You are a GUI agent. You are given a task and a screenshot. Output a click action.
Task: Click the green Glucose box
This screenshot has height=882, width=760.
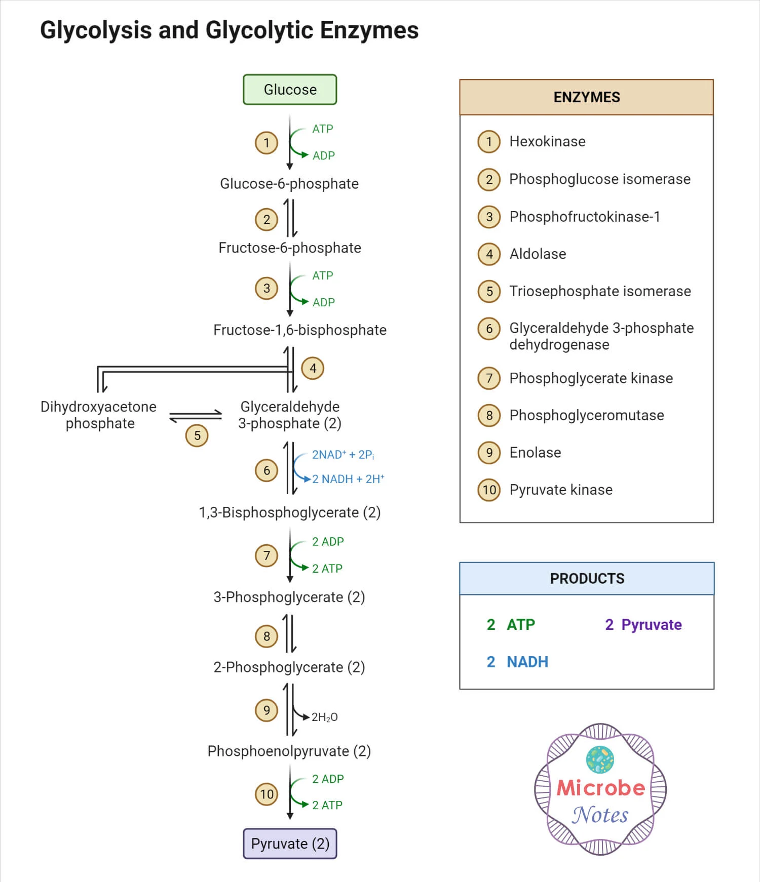[290, 90]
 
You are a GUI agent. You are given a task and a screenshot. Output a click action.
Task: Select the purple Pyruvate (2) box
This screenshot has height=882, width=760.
[290, 844]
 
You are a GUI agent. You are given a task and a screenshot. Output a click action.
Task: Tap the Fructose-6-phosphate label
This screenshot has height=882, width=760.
[290, 248]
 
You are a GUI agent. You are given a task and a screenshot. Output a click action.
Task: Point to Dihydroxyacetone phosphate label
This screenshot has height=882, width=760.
[99, 415]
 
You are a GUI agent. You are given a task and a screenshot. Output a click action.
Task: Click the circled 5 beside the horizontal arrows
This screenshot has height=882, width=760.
[197, 435]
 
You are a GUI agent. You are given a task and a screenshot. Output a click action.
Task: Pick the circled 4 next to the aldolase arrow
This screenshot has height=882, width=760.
[313, 368]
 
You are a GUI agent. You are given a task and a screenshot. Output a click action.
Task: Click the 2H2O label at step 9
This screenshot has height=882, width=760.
[324, 717]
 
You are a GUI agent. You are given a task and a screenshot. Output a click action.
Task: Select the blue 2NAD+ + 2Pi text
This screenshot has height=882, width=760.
[343, 455]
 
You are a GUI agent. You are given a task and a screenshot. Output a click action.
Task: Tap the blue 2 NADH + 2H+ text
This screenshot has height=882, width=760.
[348, 479]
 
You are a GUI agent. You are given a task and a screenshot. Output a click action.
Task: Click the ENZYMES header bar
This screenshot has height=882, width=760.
[586, 97]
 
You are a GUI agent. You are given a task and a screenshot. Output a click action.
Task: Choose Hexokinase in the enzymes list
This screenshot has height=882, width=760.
[547, 141]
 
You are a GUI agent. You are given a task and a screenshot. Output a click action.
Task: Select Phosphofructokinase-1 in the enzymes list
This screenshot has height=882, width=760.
[585, 217]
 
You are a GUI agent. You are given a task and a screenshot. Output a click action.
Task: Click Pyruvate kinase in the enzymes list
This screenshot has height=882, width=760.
[561, 490]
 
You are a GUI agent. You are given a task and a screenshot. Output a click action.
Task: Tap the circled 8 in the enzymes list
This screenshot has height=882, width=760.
[489, 415]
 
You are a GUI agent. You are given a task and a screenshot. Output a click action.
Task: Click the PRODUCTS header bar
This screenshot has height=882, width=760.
[586, 578]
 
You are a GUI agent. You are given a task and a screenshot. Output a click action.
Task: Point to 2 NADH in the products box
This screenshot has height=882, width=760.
[517, 662]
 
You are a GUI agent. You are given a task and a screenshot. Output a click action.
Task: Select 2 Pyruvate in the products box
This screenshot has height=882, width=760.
[643, 624]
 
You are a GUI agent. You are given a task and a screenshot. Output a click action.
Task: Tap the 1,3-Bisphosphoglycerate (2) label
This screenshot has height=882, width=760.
[290, 512]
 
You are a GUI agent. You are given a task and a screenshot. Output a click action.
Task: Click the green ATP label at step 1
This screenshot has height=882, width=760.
[323, 129]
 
